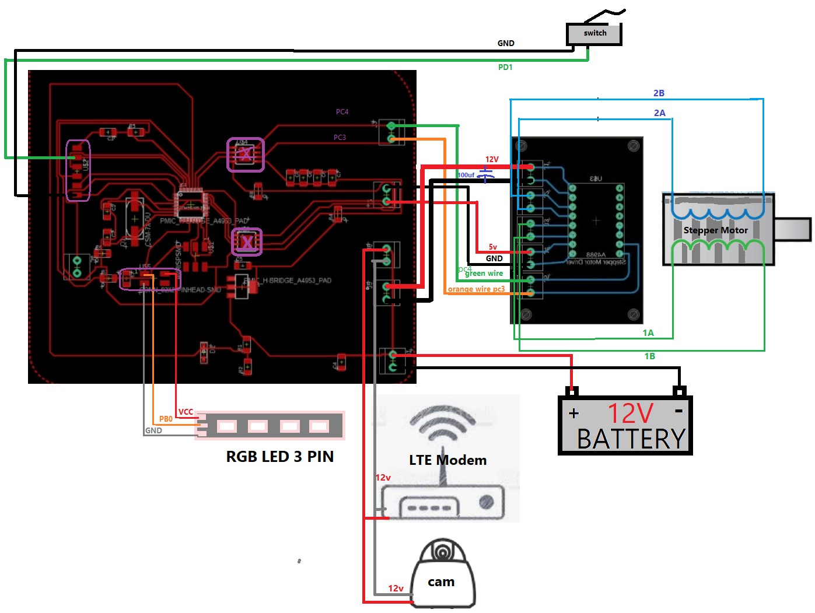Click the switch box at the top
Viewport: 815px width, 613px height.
(594, 34)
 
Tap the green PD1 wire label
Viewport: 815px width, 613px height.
(505, 68)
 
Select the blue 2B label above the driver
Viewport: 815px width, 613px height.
(659, 93)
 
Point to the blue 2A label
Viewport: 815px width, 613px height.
(659, 113)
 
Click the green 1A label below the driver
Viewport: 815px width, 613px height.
(648, 333)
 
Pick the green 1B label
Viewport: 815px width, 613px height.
(649, 356)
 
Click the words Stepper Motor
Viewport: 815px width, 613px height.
(715, 230)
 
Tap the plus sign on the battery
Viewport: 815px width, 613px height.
(574, 414)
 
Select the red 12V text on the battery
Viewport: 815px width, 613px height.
(630, 414)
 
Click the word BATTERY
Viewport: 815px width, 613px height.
(631, 439)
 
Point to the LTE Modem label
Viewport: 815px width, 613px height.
(447, 460)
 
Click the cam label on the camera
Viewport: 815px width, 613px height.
(441, 582)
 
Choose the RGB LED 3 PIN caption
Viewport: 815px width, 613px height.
(279, 457)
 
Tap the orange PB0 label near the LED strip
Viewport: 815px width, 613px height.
(166, 419)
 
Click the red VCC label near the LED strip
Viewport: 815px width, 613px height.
(186, 412)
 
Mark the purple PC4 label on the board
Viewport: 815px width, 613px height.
(342, 112)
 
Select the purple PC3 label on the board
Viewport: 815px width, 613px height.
(340, 138)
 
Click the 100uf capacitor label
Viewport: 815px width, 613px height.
(466, 175)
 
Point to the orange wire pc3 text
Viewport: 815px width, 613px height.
(476, 289)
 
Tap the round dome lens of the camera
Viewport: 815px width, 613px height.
(443, 551)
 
